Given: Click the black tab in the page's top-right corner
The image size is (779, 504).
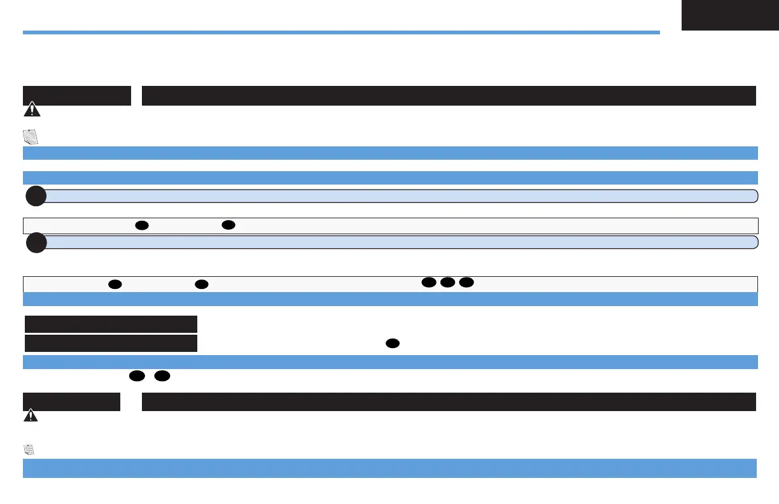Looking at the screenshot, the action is [729, 15].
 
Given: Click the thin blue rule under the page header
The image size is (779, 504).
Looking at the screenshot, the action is [341, 32].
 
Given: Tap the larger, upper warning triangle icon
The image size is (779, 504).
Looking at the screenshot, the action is [31, 110].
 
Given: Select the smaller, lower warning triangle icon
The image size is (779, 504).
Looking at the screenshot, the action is [30, 416].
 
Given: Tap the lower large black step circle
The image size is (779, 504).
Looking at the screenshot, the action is [36, 243].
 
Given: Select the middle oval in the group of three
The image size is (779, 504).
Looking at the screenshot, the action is [447, 282].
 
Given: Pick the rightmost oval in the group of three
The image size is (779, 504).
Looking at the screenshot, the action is [467, 282].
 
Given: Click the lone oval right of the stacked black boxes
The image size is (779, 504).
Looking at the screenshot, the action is [392, 344].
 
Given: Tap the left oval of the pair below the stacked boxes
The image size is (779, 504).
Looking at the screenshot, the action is [136, 377].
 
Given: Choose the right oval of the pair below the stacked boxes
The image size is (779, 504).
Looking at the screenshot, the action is [162, 377].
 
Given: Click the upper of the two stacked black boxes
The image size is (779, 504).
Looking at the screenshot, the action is [111, 324].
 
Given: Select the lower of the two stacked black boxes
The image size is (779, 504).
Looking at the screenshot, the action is [111, 344].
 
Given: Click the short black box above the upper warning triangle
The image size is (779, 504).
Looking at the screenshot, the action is [77, 95].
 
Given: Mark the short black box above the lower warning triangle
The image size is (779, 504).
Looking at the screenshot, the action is [71, 402].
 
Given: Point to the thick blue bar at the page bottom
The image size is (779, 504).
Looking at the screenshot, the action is [389, 468].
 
